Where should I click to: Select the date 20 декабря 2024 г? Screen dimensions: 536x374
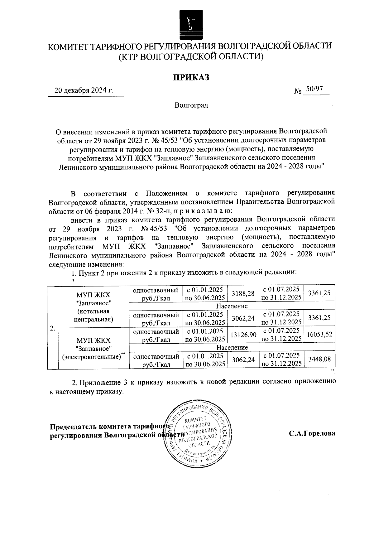[x=84, y=91]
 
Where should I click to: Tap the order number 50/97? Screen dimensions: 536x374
[x=314, y=89]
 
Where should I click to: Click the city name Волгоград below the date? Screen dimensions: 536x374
[x=191, y=105]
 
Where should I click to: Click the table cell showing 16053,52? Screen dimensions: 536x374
[x=319, y=334]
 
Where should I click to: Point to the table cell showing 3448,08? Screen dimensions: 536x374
[x=319, y=359]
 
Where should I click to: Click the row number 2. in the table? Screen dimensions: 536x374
[x=53, y=328]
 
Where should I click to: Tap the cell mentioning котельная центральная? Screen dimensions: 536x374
[x=94, y=307]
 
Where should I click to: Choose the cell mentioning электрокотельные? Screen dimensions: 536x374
[x=94, y=348]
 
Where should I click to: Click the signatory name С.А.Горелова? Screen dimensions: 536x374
[x=312, y=433]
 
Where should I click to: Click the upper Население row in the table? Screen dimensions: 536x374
[x=232, y=306]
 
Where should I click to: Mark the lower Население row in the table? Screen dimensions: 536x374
[x=232, y=347]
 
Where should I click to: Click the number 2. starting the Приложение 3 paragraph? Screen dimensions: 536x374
[x=74, y=382]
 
